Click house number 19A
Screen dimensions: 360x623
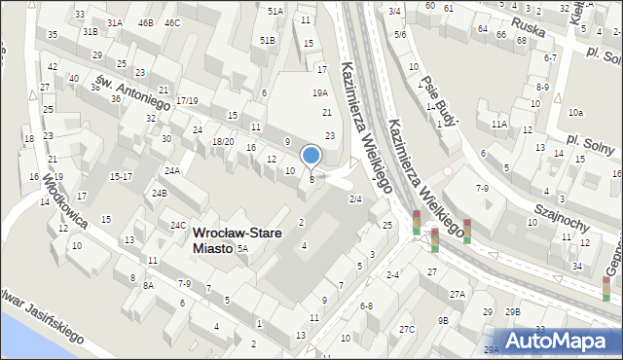(319, 92)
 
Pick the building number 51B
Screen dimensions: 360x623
(268, 40)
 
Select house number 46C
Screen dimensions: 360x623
(172, 22)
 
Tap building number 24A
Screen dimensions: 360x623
(172, 171)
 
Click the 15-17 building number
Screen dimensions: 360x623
(121, 176)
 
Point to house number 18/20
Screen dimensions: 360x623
(222, 141)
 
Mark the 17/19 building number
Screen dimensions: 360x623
(187, 100)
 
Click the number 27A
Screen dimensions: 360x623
(457, 294)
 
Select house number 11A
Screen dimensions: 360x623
(499, 125)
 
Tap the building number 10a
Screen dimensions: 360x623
(576, 112)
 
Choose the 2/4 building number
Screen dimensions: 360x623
(355, 198)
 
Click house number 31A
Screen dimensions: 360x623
(115, 22)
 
